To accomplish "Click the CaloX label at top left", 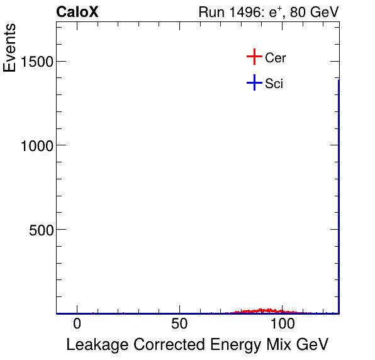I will (77, 12).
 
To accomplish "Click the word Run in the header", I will (210, 12).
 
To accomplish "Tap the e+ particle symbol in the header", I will (275, 12).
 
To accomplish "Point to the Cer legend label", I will (276, 58).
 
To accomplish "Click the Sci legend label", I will (274, 83).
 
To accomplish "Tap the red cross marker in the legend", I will (254, 57).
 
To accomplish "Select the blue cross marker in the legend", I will (254, 82).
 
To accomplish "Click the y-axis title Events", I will (11, 48).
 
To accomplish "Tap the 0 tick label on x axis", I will (77, 325).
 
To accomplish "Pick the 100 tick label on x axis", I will (283, 325).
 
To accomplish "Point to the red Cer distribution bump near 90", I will (267, 310).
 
